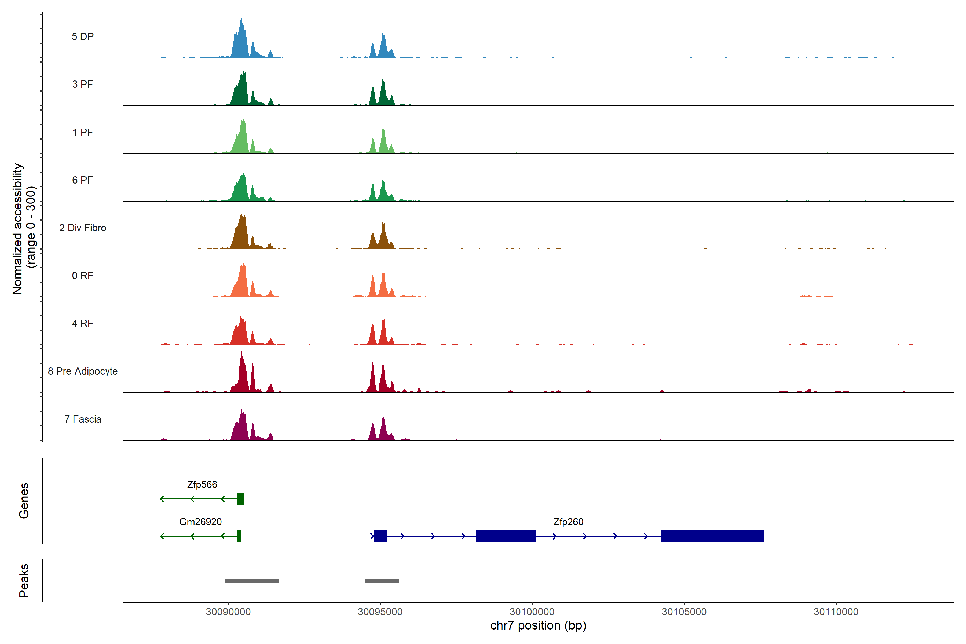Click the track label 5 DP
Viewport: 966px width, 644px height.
(83, 36)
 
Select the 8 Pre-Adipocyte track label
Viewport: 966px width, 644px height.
(83, 371)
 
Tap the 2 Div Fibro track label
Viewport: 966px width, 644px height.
(83, 228)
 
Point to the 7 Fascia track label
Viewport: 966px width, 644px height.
(83, 419)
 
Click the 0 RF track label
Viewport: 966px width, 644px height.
(83, 276)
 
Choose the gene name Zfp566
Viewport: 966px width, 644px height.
(202, 485)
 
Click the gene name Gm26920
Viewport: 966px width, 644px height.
(200, 522)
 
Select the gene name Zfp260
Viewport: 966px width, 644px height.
(568, 522)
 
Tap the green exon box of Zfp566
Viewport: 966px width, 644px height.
(241, 499)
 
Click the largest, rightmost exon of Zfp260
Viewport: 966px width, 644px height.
(712, 536)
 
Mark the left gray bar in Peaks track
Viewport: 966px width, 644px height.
(251, 581)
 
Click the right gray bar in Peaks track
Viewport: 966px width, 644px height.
(382, 581)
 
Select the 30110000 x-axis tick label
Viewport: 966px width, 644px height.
(836, 612)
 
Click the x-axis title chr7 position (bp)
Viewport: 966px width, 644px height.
(538, 625)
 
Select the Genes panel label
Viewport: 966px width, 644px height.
(24, 501)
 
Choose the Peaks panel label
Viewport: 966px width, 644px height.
(24, 580)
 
